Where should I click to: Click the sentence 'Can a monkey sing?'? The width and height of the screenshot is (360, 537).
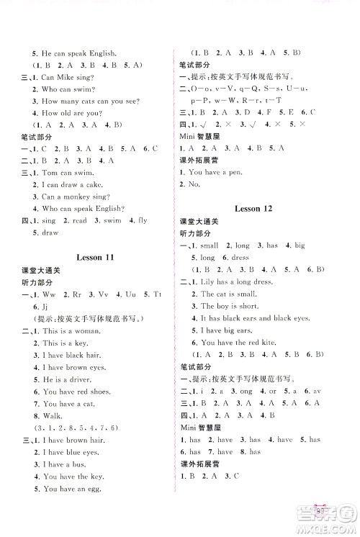(x=73, y=197)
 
